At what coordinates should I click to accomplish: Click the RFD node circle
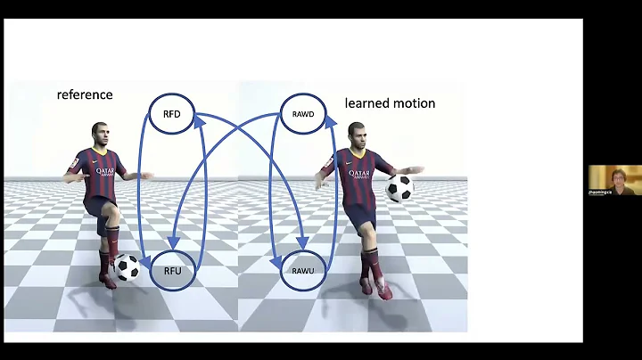pyautogui.click(x=172, y=115)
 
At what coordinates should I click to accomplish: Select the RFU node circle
pyautogui.click(x=172, y=270)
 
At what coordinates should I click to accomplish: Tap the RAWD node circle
pyautogui.click(x=301, y=114)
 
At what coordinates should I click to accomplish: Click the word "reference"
pyautogui.click(x=85, y=94)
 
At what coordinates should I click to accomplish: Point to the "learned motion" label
pyautogui.click(x=390, y=103)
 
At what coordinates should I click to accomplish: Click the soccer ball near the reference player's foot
pyautogui.click(x=128, y=266)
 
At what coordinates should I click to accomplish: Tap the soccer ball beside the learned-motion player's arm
pyautogui.click(x=399, y=188)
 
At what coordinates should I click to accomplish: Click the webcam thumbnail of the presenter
pyautogui.click(x=614, y=178)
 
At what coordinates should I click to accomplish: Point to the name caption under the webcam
pyautogui.click(x=599, y=192)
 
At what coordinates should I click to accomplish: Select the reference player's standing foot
pyautogui.click(x=108, y=281)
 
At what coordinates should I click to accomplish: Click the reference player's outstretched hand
pyautogui.click(x=148, y=176)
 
